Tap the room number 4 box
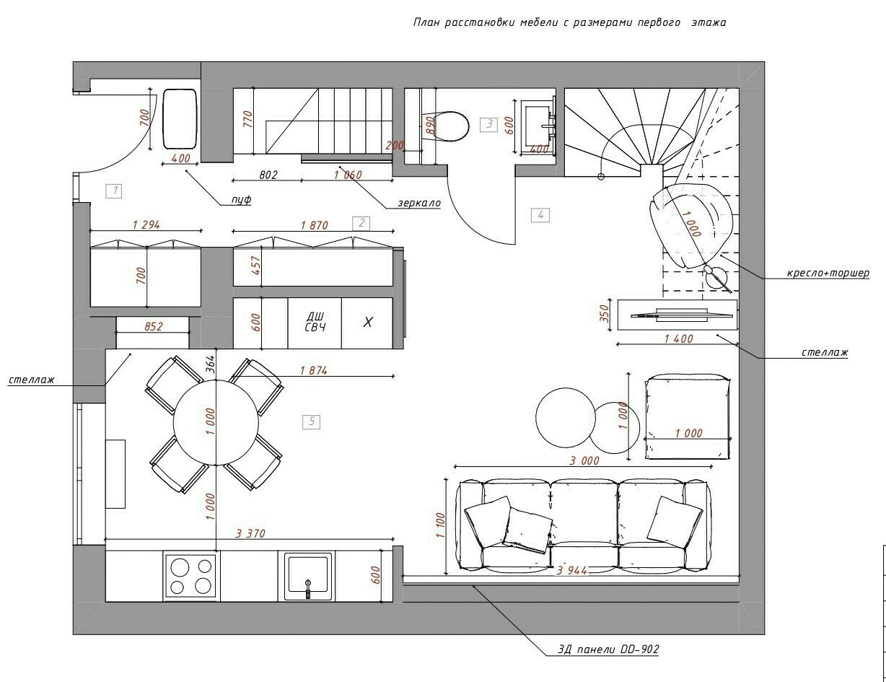click(540, 215)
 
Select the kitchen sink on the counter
click(307, 575)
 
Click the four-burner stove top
click(190, 576)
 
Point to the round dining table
click(216, 422)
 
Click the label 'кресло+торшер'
click(828, 273)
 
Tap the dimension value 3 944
click(571, 570)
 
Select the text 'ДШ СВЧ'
click(315, 322)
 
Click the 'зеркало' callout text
click(419, 203)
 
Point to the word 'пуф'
click(241, 200)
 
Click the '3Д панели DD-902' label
click(608, 649)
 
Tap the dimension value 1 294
click(146, 224)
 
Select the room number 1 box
click(114, 191)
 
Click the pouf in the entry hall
click(180, 119)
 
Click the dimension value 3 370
click(250, 533)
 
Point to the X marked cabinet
click(367, 323)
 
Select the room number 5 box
click(312, 422)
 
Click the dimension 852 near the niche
click(153, 326)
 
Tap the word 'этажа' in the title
click(709, 22)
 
